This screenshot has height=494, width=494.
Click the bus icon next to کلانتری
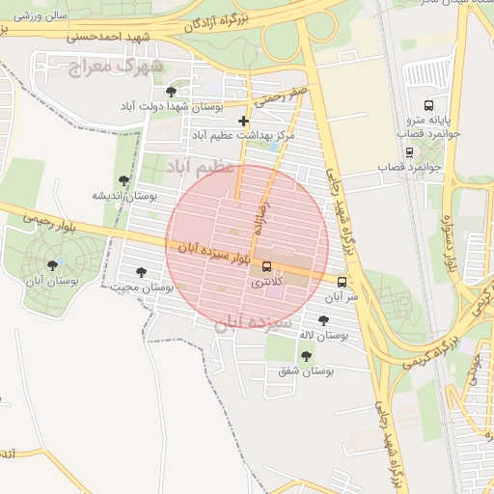click(x=267, y=267)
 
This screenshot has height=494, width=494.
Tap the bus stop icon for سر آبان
click(x=343, y=282)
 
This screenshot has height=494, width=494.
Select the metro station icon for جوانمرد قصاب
click(x=410, y=152)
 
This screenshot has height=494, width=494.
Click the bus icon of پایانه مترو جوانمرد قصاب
click(x=427, y=105)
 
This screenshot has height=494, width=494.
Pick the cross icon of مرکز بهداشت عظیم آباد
click(x=243, y=122)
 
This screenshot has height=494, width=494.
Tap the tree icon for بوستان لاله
click(x=322, y=319)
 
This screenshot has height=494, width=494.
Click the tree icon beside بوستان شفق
click(x=306, y=356)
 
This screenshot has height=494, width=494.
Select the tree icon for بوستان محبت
click(x=143, y=272)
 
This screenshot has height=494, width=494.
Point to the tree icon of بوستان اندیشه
click(x=123, y=180)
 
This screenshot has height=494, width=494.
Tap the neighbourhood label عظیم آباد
click(x=201, y=168)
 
